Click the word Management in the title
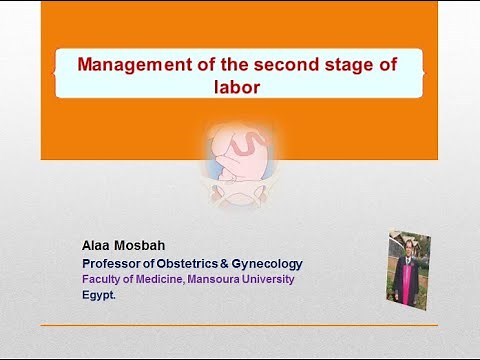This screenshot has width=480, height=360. click(129, 65)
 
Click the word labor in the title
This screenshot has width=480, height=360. click(238, 86)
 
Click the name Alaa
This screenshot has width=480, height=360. click(97, 245)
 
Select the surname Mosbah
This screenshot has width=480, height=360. click(144, 245)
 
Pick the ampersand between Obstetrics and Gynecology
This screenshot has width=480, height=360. click(236, 264)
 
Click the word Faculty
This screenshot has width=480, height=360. click(102, 280)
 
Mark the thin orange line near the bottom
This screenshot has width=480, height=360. click(239, 325)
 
